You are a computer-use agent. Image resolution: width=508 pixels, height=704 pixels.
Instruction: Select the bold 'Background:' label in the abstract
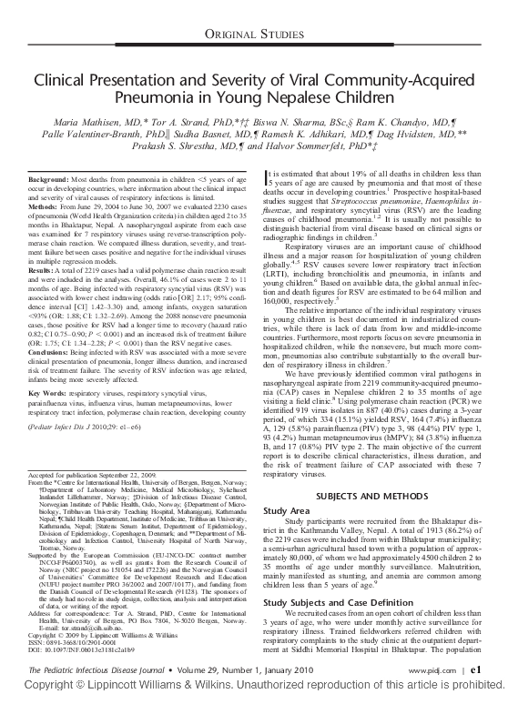[x=51, y=156]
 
